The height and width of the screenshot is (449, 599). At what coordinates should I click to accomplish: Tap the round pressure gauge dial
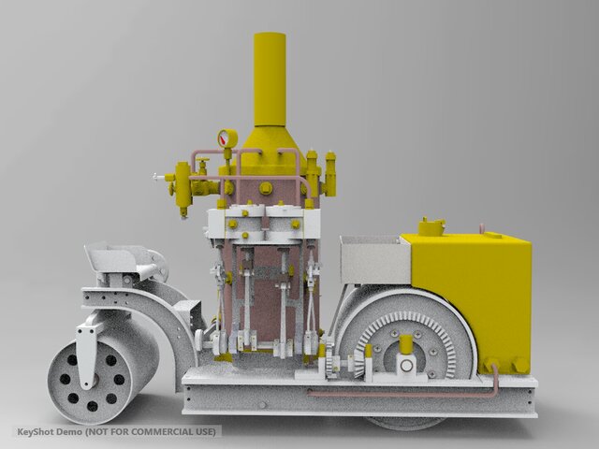227,138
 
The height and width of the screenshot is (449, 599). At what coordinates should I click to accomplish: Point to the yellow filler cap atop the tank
431,226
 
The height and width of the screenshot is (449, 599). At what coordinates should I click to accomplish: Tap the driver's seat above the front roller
120,257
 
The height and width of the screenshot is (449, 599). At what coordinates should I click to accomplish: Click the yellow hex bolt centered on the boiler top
266,188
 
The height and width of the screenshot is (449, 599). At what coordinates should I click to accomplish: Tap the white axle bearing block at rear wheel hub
406,360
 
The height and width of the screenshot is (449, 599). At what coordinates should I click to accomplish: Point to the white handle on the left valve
157,175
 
